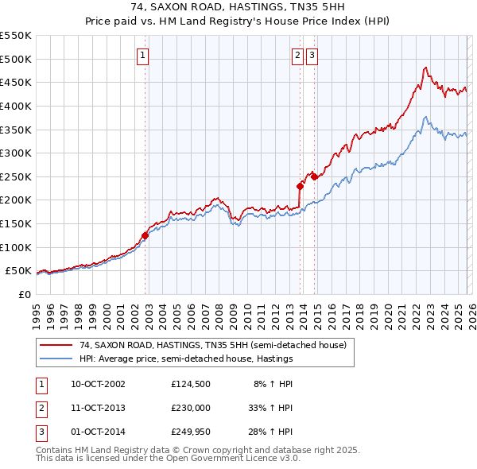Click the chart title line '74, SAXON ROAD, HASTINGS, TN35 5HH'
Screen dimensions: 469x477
(238, 7)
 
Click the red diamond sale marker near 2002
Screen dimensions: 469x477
(145, 235)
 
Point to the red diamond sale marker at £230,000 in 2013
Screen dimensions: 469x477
(300, 186)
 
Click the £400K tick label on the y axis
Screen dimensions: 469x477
(16, 106)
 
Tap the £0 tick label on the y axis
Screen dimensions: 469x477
(24, 294)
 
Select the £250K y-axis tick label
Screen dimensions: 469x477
(16, 176)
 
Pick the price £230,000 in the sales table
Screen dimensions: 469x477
(192, 408)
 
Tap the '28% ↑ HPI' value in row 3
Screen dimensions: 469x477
(273, 432)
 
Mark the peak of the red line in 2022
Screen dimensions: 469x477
(426, 68)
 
